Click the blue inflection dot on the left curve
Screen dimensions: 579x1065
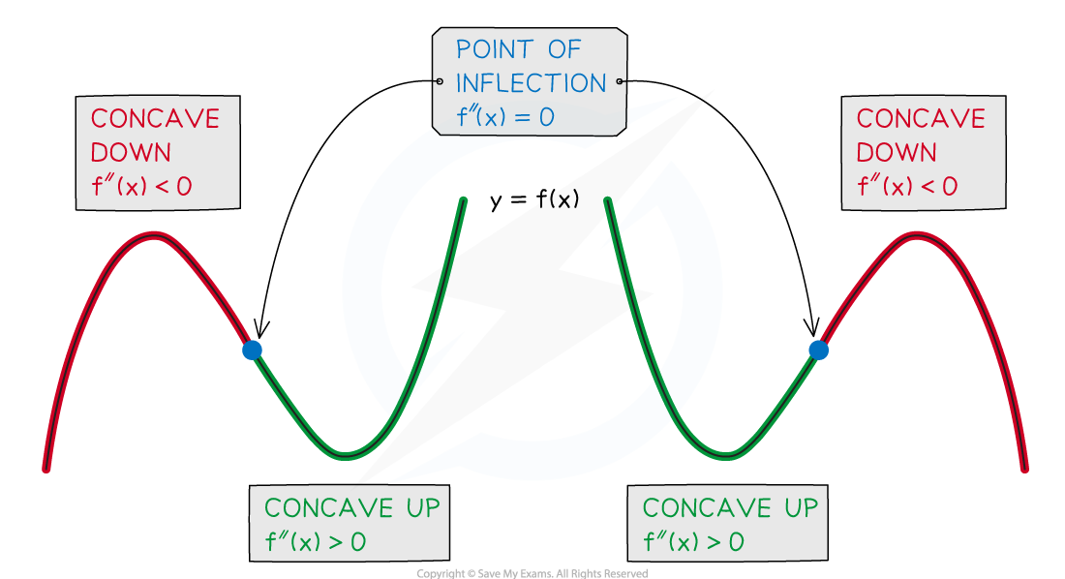252,350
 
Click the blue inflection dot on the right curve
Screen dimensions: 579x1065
818,350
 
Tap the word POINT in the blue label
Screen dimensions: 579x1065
493,48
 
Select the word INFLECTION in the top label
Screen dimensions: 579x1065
531,83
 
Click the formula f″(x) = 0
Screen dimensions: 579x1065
505,118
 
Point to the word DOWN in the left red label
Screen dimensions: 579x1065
131,153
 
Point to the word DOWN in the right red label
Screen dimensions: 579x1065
897,153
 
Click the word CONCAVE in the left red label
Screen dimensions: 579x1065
156,119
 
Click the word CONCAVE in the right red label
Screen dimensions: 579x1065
921,119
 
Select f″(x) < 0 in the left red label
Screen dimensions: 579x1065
141,187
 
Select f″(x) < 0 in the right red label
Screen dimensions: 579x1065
907,187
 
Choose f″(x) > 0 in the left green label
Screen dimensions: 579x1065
316,542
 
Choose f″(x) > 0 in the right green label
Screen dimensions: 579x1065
693,542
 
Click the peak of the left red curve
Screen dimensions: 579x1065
154,235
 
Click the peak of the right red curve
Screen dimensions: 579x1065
916,235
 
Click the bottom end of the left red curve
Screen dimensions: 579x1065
46,470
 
